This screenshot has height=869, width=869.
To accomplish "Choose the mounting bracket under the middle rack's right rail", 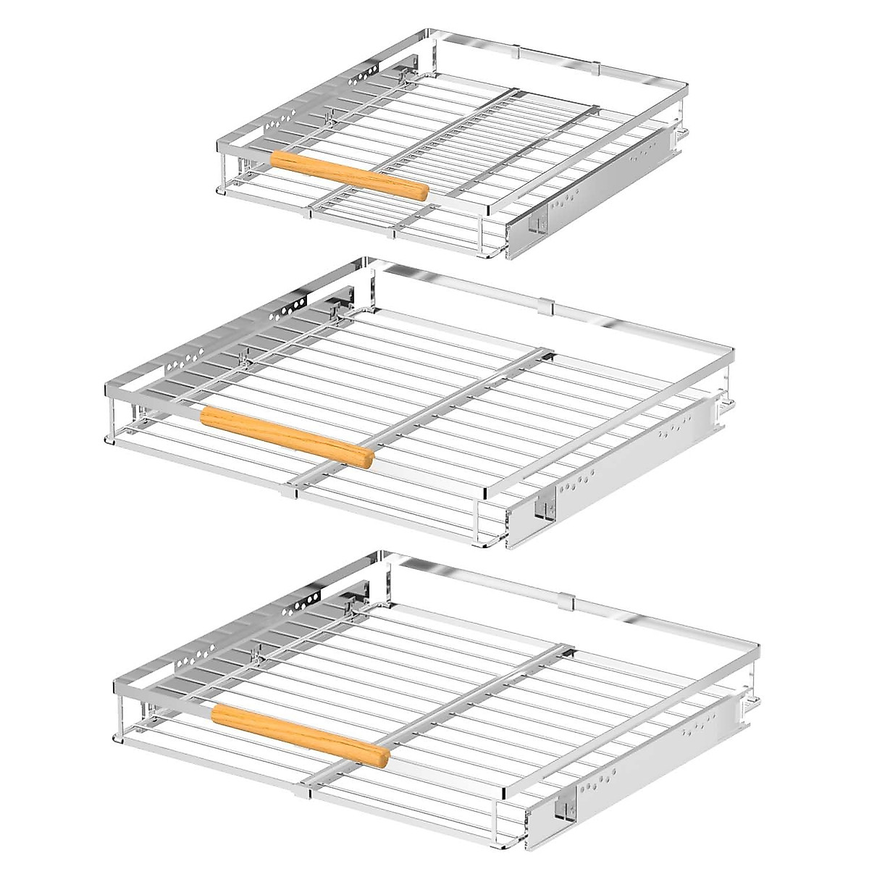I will [x=542, y=507].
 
